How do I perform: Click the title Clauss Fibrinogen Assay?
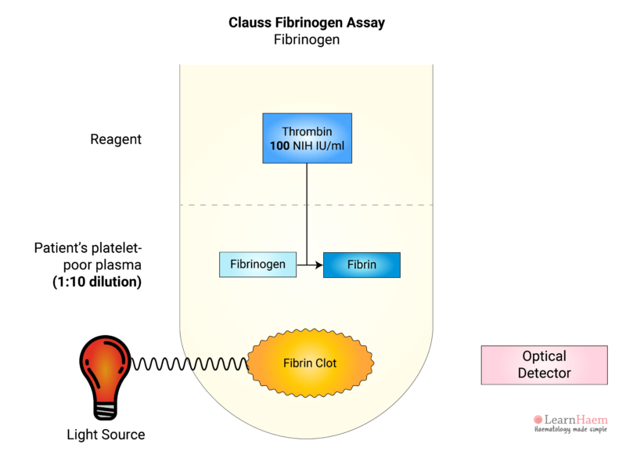tap(306, 23)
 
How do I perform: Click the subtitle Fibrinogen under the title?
tap(306, 39)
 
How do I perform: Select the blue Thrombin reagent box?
tap(306, 138)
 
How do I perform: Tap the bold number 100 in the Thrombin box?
tap(279, 146)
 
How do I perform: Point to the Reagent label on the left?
tap(116, 139)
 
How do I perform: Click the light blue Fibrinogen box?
tap(257, 265)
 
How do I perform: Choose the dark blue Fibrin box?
tap(362, 265)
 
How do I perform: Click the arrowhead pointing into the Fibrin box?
tap(318, 265)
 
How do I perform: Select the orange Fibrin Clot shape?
tap(311, 363)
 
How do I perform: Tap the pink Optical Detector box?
tap(544, 365)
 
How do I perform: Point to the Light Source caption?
tap(106, 434)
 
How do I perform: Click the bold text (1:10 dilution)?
tap(97, 282)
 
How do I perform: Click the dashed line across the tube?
tap(235, 205)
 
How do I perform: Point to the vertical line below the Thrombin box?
tap(306, 211)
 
